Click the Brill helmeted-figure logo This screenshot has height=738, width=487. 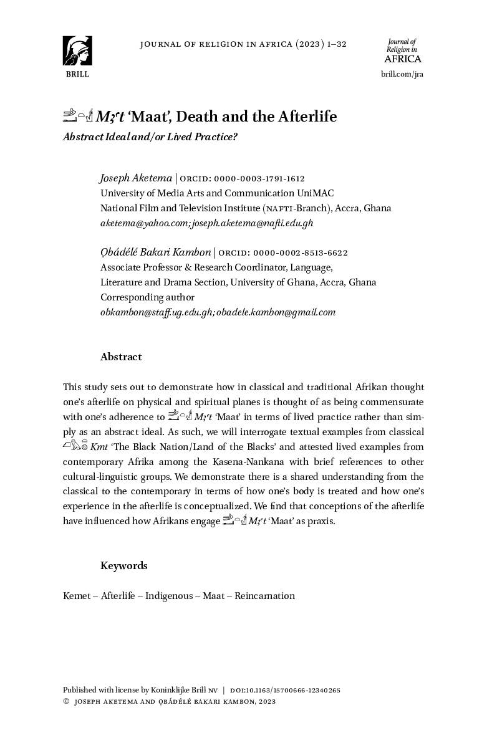point(77,50)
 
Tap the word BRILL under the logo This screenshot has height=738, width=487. point(77,74)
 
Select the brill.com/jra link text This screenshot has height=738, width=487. point(402,74)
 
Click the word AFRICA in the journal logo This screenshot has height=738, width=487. point(402,59)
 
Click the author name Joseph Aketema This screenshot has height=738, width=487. point(135,178)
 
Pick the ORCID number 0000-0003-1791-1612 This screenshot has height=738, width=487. point(259,179)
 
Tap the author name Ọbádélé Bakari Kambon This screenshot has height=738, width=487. point(155,252)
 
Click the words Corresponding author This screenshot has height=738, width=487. point(147,297)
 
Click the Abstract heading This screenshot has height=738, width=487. point(121,357)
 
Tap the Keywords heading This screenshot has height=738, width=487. point(123,566)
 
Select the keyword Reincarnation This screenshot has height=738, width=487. point(264,596)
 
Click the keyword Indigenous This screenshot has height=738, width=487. point(169,596)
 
